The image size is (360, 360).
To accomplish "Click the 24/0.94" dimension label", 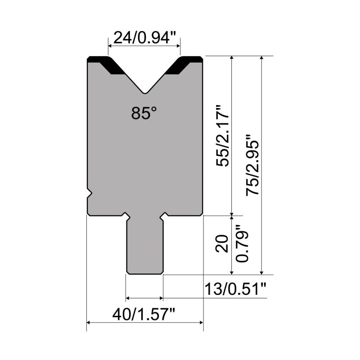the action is click(x=144, y=38).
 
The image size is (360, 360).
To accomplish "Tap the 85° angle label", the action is click(x=144, y=113).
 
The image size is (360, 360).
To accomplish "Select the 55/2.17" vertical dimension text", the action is click(x=222, y=135).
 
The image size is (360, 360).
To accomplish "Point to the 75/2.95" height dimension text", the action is click(x=252, y=165).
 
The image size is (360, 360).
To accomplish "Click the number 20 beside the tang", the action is click(x=222, y=243).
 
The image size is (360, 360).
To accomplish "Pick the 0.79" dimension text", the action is click(x=242, y=243).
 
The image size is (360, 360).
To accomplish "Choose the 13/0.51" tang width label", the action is click(x=235, y=289).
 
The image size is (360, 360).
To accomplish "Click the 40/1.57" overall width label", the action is click(x=144, y=314).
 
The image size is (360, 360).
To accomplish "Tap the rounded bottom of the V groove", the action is click(x=145, y=92).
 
